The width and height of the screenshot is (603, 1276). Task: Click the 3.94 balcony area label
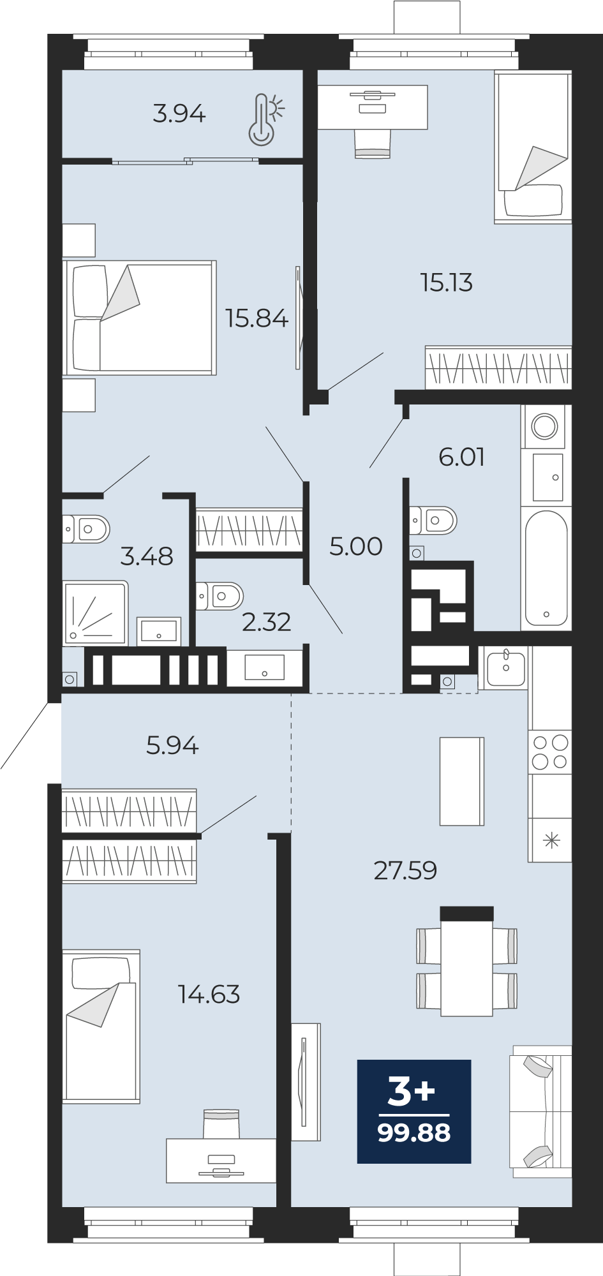[x=179, y=114]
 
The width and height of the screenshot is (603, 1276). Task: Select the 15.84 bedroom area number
[x=257, y=318]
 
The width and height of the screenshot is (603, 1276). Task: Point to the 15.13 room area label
[x=447, y=283]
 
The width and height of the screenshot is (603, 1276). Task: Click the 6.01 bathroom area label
[x=462, y=457]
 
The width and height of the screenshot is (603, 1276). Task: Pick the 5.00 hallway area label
[x=356, y=546]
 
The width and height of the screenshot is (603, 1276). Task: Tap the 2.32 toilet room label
[x=267, y=622]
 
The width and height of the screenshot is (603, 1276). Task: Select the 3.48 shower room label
[x=147, y=556]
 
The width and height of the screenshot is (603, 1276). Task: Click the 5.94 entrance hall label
[x=172, y=745]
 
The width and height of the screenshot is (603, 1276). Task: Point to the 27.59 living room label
[x=405, y=870]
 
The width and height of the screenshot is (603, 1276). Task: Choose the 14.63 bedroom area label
[x=209, y=994]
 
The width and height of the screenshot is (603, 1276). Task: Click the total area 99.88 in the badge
[x=414, y=1133]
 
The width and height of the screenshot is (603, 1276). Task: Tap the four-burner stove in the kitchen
[x=550, y=752]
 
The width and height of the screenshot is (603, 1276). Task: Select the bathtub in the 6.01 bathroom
[x=546, y=568]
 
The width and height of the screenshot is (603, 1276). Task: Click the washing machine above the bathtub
[x=544, y=426]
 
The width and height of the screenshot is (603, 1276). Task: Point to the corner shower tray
[x=95, y=612]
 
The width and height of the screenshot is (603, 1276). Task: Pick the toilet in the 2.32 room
[x=220, y=597]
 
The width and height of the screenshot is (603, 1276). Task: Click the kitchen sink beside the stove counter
[x=506, y=667]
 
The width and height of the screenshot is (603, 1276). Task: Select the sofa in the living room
[x=540, y=1111]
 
